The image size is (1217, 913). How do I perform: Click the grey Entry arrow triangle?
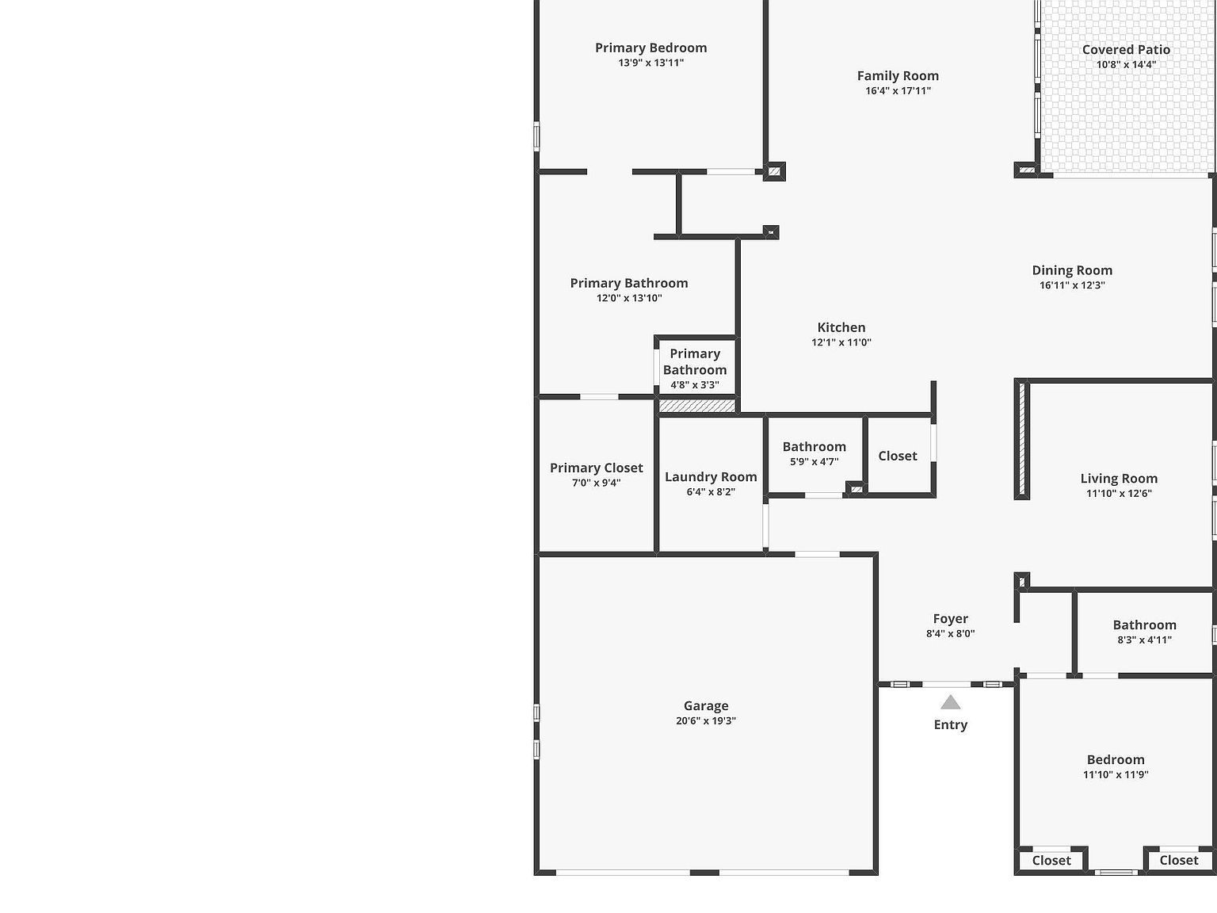(951, 702)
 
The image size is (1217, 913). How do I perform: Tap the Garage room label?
(706, 705)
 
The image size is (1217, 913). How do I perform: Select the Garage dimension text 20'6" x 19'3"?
(706, 721)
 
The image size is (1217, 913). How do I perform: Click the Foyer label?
(951, 619)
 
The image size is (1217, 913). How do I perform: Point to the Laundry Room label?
(711, 476)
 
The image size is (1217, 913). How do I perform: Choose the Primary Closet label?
(597, 468)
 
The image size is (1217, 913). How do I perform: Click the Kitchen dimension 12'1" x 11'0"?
(841, 342)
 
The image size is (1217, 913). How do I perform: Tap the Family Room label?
(898, 76)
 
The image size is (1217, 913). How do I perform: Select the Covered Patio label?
(1126, 49)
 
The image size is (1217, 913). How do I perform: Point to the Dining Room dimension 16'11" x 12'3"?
(1072, 285)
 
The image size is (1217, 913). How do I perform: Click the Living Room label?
(1119, 478)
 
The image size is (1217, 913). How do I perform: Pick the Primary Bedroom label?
(651, 48)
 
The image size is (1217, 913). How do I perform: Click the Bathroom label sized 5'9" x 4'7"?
(815, 447)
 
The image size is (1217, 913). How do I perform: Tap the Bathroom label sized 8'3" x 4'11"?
(1144, 625)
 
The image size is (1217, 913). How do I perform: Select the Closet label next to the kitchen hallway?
(898, 456)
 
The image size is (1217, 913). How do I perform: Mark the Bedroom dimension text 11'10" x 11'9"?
(1116, 775)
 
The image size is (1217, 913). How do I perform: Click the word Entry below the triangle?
(951, 724)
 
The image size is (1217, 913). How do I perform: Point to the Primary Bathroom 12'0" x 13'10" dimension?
(629, 298)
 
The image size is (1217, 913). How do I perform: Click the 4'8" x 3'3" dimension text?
(695, 385)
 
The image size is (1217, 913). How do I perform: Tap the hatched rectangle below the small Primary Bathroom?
(697, 406)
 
